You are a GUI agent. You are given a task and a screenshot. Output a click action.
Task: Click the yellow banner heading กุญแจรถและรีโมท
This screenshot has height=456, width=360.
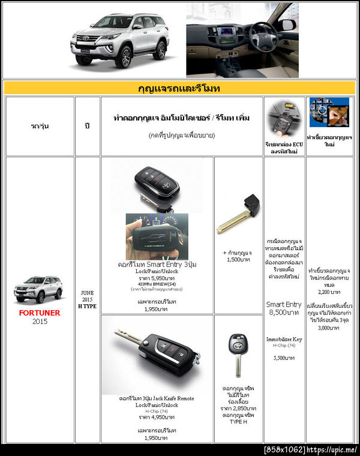179,89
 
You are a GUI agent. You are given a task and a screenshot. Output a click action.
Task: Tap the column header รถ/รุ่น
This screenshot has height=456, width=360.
40,127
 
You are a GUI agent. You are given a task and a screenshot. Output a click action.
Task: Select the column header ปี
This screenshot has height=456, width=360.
88,127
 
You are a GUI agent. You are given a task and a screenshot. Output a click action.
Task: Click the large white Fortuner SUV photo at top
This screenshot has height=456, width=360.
119,39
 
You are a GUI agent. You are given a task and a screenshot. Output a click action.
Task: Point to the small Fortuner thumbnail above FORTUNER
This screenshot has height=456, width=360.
38,289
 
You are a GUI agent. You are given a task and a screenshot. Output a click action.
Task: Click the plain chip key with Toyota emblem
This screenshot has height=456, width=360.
238,354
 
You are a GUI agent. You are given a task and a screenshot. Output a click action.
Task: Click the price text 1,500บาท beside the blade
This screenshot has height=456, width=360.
238,260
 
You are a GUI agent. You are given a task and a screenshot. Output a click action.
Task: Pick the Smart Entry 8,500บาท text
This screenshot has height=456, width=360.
284,308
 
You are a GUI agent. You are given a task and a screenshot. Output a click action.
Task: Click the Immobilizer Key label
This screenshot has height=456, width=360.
284,339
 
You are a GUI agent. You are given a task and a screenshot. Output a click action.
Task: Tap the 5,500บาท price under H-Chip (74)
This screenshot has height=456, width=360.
284,358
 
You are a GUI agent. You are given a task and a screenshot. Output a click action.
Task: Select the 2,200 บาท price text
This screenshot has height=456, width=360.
329,292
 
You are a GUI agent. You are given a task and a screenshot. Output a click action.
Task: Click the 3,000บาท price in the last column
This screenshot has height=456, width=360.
329,328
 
